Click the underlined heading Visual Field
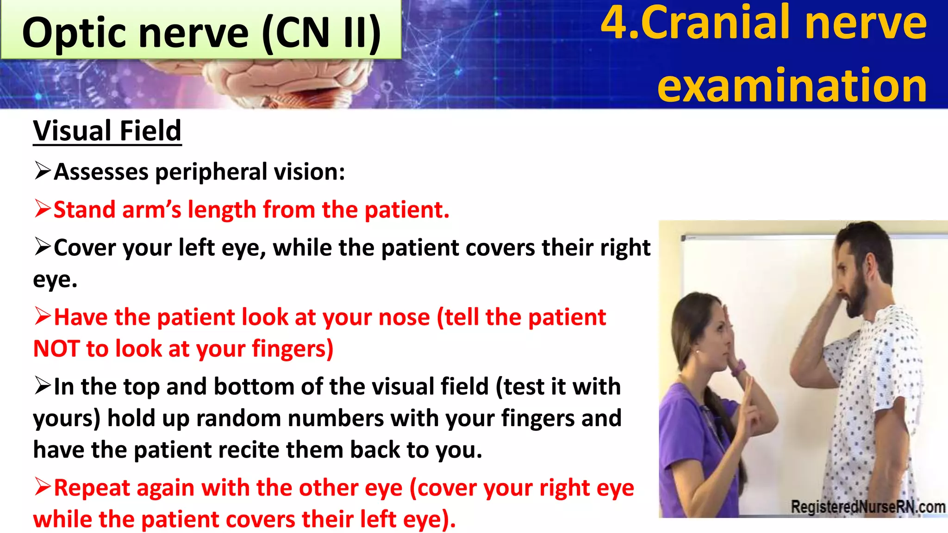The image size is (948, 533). (x=107, y=131)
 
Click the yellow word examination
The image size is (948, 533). (x=792, y=86)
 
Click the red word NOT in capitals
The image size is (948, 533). (x=56, y=349)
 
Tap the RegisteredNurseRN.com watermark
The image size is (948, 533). (x=867, y=507)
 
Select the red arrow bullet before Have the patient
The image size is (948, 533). (x=42, y=316)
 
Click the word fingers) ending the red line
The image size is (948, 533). (x=292, y=349)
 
